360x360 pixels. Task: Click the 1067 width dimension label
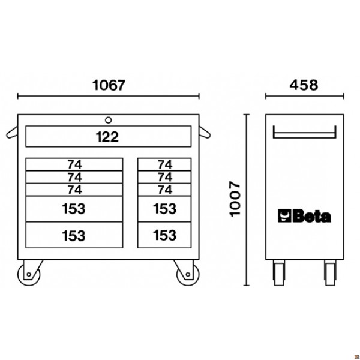pyautogui.click(x=109, y=85)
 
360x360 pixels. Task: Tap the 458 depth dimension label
pyautogui.click(x=304, y=85)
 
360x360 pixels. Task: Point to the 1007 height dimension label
pyautogui.click(x=235, y=199)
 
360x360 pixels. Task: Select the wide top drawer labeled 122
pyautogui.click(x=109, y=136)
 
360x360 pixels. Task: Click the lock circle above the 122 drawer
pyautogui.click(x=109, y=120)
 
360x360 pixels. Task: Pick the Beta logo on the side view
pyautogui.click(x=304, y=216)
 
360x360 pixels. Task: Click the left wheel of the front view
pyautogui.click(x=29, y=274)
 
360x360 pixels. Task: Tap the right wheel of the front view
pyautogui.click(x=188, y=274)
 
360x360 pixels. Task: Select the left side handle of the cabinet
pyautogui.click(x=12, y=133)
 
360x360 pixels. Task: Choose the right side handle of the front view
pyautogui.click(x=205, y=133)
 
